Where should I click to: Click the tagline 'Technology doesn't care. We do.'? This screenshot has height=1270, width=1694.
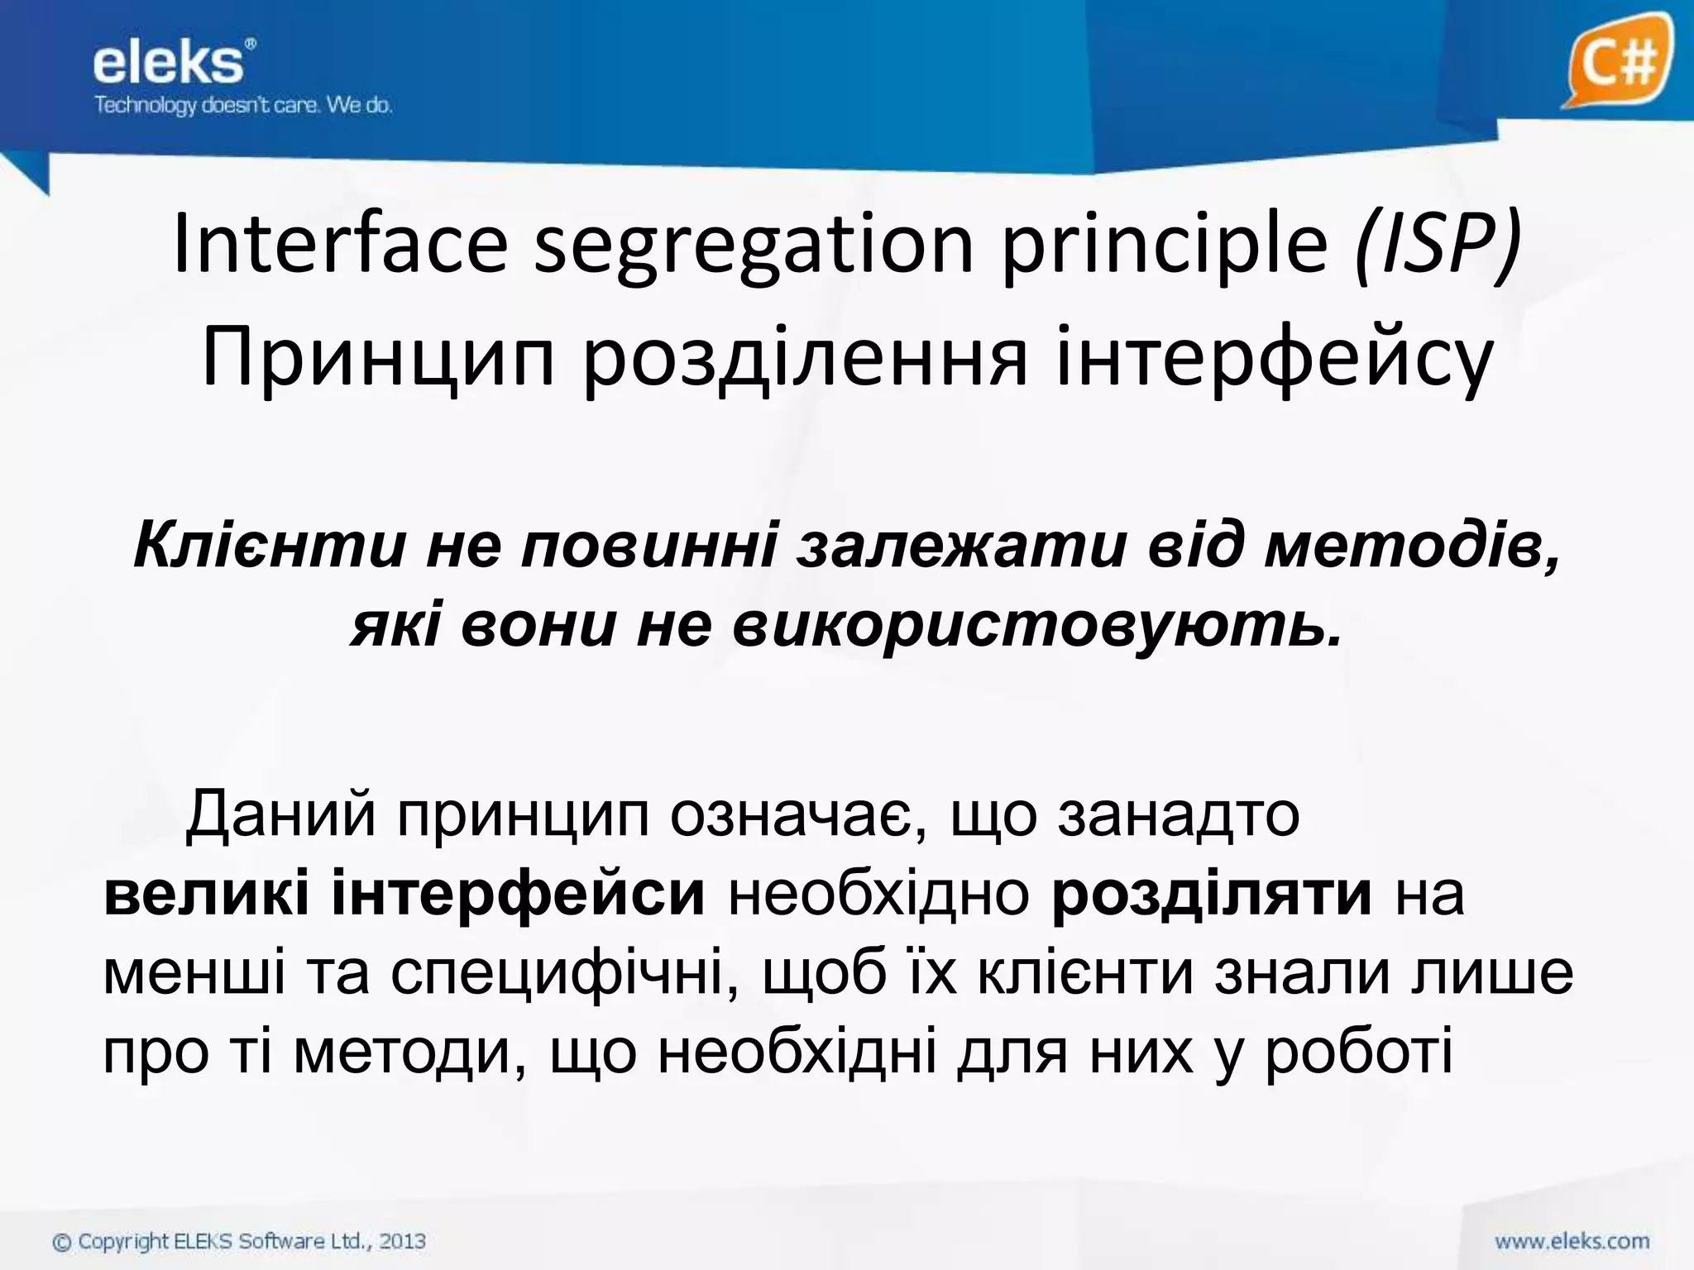click(242, 106)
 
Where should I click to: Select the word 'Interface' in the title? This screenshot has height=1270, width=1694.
click(340, 245)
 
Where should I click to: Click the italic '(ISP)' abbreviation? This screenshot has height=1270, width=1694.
click(1438, 245)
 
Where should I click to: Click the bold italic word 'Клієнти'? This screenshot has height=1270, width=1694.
click(269, 547)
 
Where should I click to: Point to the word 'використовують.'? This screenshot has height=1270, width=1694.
click(1037, 625)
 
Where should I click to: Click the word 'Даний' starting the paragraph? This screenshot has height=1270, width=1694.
click(281, 815)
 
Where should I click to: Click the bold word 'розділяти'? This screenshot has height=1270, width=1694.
click(1212, 894)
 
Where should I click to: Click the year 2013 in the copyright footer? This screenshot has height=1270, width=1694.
click(403, 1241)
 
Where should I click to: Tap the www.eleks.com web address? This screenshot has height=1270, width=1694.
click(1572, 1241)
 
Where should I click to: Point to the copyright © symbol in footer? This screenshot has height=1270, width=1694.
click(62, 1242)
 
